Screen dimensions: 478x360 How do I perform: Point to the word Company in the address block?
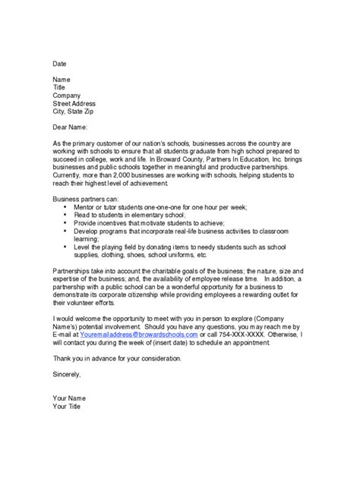(68, 95)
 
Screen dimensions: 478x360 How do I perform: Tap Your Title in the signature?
(68, 407)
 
